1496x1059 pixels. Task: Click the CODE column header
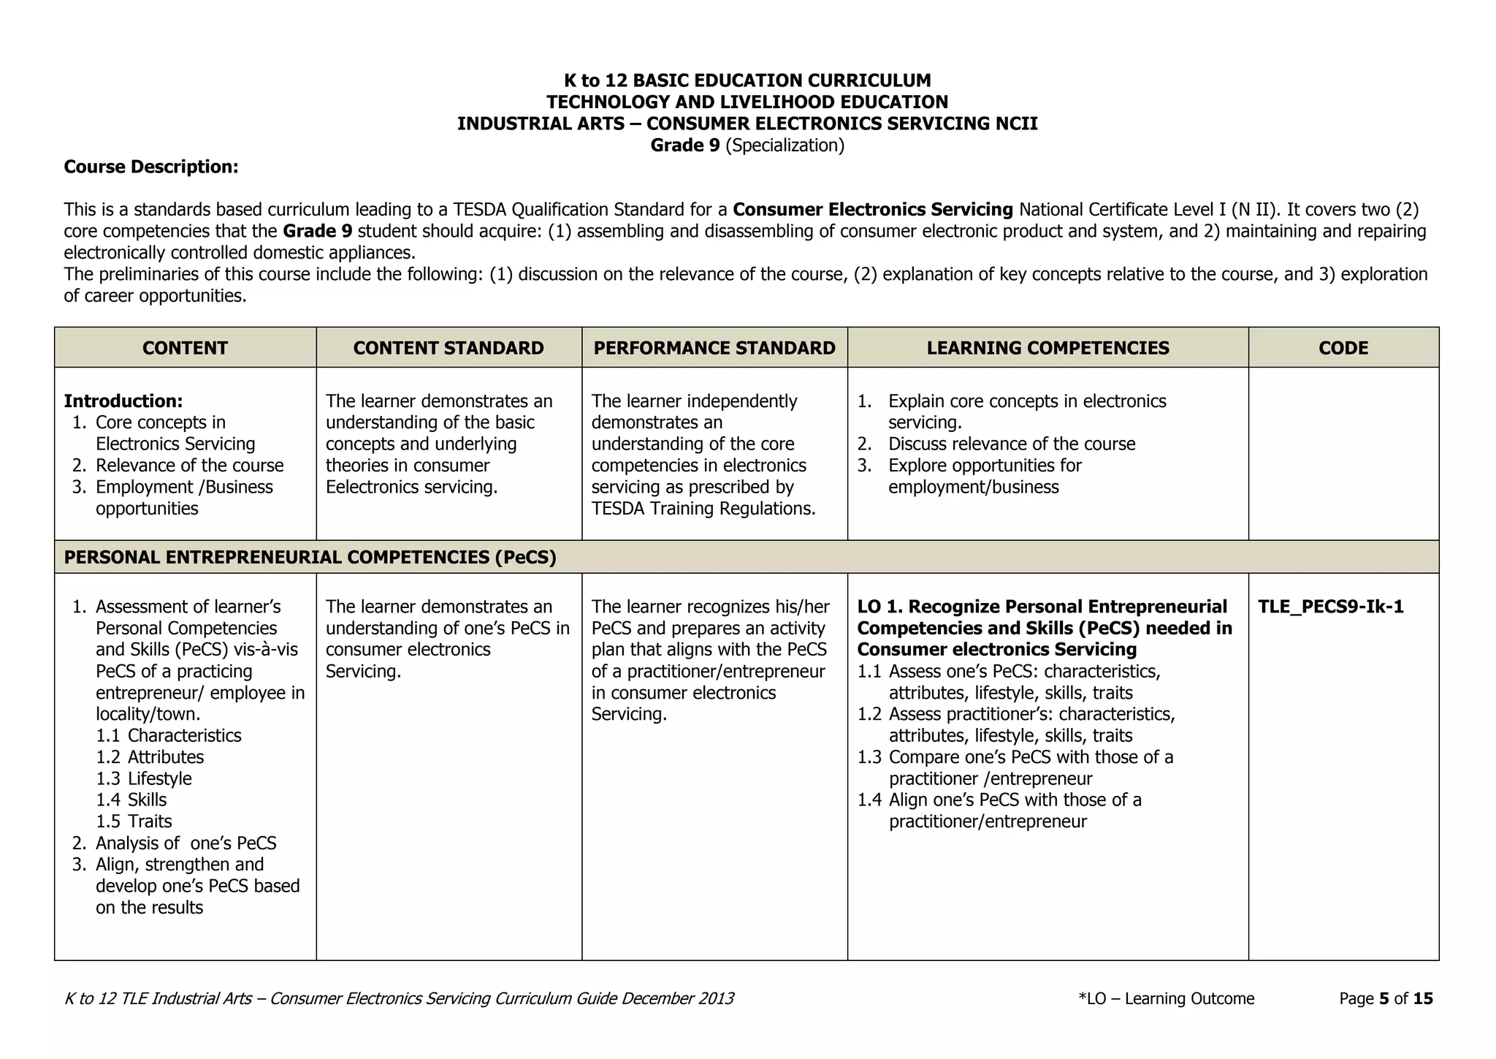1343,348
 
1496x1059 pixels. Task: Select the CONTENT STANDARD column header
449,348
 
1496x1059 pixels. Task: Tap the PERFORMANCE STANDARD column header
714,348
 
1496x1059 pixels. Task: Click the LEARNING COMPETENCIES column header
1047,348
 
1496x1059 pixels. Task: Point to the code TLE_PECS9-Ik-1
1330,607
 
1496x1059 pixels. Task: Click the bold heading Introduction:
123,401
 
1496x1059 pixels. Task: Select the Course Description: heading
151,167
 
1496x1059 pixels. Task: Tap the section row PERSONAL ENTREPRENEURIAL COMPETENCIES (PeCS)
310,558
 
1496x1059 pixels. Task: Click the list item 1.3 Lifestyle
144,778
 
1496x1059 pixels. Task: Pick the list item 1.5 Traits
134,821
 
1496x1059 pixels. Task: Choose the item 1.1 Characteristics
169,735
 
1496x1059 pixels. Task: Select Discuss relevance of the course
1011,444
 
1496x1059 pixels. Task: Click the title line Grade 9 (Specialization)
747,145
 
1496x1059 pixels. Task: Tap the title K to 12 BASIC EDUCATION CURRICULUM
747,80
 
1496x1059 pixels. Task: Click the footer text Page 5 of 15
1385,998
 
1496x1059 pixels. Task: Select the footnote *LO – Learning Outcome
1166,998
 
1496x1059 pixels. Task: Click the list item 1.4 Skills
131,800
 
